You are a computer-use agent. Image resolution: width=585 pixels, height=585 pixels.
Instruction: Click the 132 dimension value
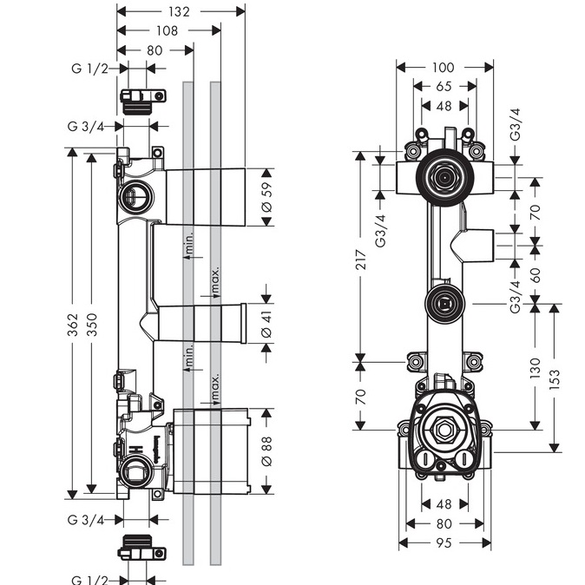[180, 11]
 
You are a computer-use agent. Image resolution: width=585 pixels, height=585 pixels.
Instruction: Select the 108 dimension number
[168, 30]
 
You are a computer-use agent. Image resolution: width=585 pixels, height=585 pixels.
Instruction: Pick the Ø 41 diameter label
[266, 323]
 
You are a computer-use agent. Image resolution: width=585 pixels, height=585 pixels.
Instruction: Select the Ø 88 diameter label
[266, 450]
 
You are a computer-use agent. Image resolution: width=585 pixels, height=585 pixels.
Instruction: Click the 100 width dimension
[444, 67]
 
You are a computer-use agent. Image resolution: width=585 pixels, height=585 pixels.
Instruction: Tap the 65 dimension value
[444, 87]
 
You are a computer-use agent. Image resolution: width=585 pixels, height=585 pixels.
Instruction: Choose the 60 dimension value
[536, 276]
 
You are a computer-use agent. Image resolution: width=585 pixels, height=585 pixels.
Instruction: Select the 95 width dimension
[444, 543]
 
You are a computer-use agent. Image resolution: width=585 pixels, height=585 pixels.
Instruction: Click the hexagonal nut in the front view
[444, 428]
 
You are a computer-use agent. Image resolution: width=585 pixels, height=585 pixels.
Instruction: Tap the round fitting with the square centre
[444, 304]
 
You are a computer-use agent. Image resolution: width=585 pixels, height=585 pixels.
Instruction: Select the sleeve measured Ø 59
[204, 197]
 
